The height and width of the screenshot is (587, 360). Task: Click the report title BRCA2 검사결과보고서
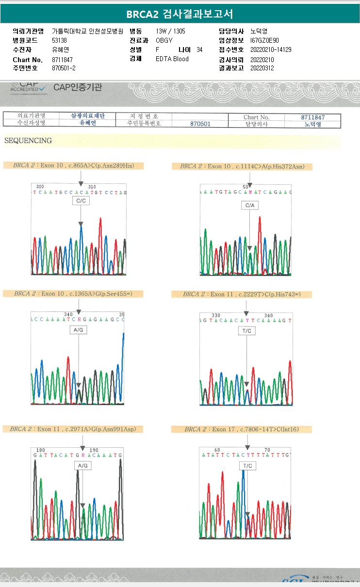[180, 14]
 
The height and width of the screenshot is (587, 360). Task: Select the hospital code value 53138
[60, 40]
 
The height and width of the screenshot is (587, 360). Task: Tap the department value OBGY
[164, 40]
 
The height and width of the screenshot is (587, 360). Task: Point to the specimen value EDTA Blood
[172, 59]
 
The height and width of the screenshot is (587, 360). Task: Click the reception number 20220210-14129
[271, 49]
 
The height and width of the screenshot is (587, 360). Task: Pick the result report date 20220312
[262, 68]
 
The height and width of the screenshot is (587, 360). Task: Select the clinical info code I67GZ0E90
[264, 40]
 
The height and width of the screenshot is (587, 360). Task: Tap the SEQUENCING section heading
[28, 141]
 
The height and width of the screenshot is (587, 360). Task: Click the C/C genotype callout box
[81, 201]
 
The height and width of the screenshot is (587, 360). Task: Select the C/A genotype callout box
[249, 206]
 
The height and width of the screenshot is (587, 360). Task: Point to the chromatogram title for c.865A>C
[73, 166]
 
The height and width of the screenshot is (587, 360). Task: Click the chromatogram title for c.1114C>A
[242, 166]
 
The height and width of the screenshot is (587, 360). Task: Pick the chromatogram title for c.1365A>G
[73, 293]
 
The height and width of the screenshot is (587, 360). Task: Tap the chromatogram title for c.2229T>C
[242, 294]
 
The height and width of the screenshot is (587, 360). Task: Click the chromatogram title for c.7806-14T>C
[242, 429]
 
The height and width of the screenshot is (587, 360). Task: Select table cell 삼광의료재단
[88, 116]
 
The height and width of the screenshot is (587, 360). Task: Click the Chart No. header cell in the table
[256, 117]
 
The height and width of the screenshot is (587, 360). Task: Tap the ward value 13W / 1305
[170, 31]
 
